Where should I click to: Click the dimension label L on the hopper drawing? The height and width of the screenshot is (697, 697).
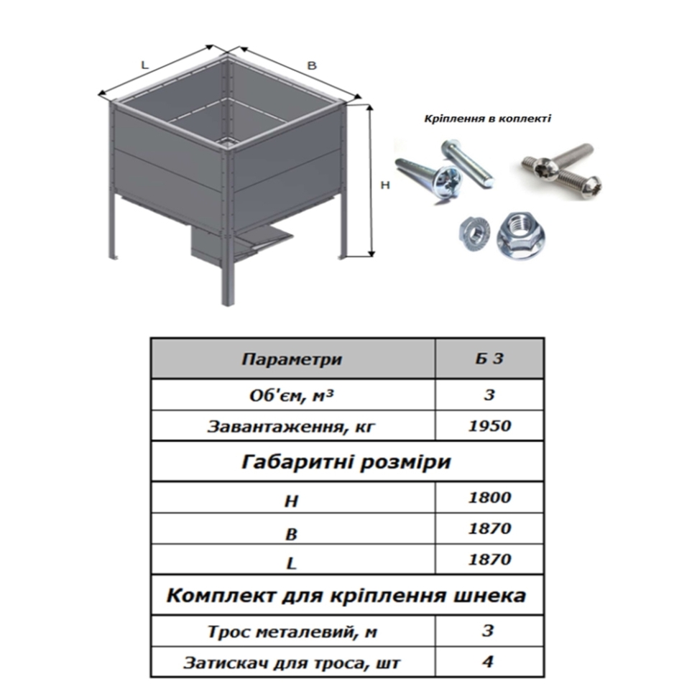coord(144,65)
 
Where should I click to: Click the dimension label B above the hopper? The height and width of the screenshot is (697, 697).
coord(312,65)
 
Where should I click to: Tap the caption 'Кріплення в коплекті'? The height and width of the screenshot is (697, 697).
coord(488,119)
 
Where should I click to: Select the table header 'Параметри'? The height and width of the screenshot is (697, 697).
coord(292,359)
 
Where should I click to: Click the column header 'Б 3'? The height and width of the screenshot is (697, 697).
coord(489,359)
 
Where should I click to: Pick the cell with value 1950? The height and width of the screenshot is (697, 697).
coord(489,426)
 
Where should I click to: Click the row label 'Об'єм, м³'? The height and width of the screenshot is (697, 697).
coord(291,394)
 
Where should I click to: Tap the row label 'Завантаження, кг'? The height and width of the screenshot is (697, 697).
coord(291,427)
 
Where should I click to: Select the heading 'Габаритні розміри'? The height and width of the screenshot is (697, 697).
coord(346,462)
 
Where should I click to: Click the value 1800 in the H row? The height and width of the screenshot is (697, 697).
coord(489,497)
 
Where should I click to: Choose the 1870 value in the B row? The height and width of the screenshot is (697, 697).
coord(489,528)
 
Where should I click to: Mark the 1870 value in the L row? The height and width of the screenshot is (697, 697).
coord(489,559)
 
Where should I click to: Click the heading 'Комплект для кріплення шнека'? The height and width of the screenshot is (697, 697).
coord(346,595)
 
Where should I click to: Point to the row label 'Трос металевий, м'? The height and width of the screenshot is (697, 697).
coord(292,632)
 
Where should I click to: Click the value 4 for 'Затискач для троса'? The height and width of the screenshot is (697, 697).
coord(488,662)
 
